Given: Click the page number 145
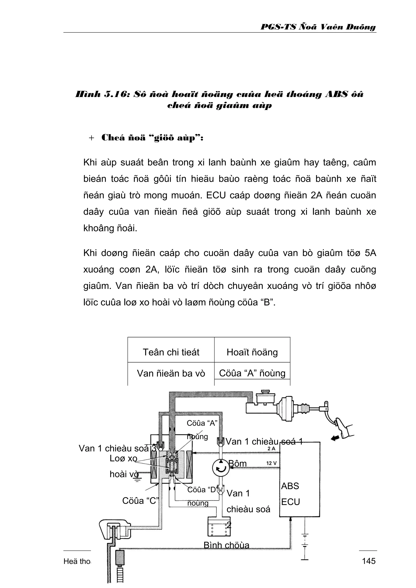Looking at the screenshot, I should pos(369,561).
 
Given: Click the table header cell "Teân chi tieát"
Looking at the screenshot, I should pos(171,352).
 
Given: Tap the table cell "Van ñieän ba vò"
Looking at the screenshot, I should pos(171,373).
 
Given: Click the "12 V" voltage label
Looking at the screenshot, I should pos(271,463).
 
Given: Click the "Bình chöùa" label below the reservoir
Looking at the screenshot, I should pos(226,545).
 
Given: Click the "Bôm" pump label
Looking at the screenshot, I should pos(237,463).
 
